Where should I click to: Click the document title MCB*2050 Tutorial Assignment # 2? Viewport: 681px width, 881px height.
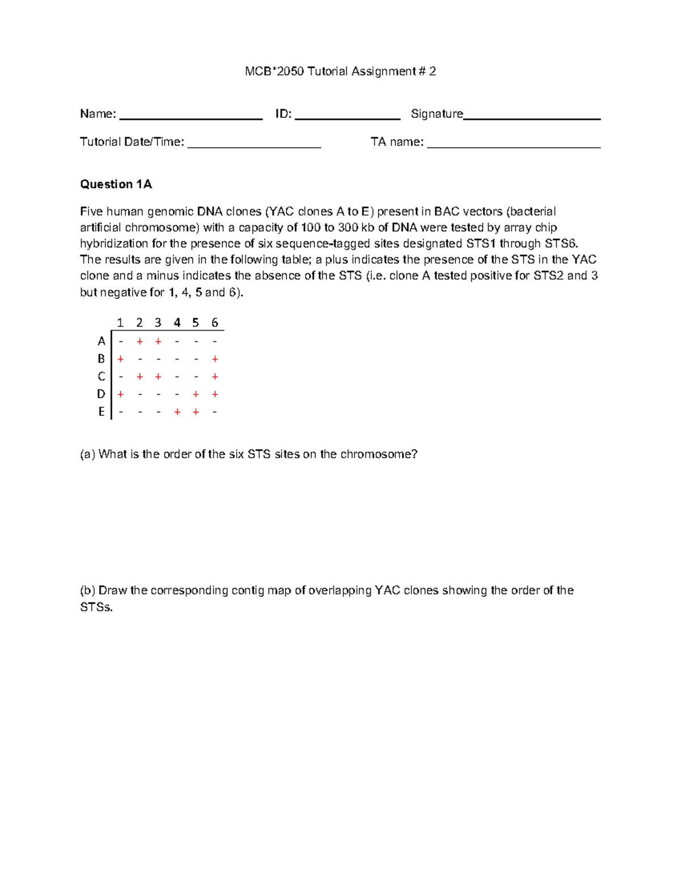340,71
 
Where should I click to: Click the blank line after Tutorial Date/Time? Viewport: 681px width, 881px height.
254,146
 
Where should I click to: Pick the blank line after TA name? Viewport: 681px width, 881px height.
514,146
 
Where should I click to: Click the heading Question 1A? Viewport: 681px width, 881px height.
116,184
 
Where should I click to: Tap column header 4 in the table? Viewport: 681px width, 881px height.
177,323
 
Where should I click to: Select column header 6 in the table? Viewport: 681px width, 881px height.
215,323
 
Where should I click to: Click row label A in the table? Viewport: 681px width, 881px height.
102,341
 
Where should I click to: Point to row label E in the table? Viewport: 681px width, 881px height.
102,412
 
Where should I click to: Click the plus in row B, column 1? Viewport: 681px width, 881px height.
120,359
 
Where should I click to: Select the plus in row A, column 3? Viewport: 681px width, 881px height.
158,341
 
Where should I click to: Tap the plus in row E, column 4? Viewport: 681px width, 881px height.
177,412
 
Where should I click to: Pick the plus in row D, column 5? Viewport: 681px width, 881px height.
196,394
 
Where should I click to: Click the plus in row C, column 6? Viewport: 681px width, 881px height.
215,377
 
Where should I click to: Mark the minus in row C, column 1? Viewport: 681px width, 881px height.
120,377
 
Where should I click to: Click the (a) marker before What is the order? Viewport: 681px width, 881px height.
87,454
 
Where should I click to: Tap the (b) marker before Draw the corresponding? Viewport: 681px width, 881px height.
87,591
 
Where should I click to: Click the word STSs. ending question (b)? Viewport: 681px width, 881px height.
96,608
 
